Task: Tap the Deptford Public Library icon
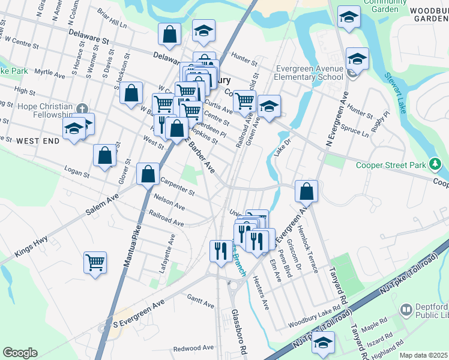point(406,310)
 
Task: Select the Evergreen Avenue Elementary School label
point(309,73)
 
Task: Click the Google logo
point(20,352)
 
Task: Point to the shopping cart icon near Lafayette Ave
point(95,262)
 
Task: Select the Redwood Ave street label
point(193,348)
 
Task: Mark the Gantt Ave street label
point(200,301)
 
